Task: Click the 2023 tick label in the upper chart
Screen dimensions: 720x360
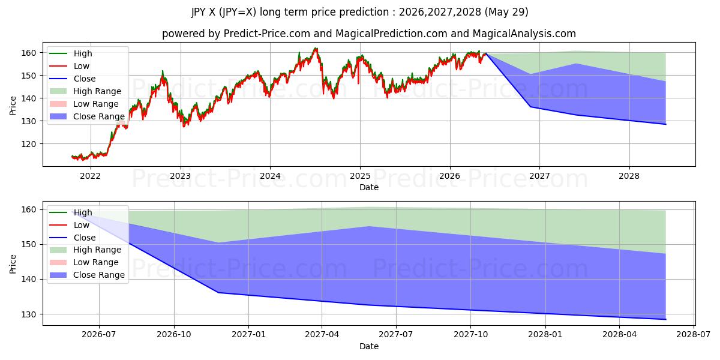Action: [181, 176]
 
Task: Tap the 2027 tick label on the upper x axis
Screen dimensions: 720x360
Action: [539, 176]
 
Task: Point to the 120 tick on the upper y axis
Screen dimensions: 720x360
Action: [29, 144]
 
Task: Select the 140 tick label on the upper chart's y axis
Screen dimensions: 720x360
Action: [29, 98]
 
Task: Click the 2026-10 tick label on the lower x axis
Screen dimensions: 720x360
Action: [174, 334]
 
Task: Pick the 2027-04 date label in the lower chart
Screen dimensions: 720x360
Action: [322, 334]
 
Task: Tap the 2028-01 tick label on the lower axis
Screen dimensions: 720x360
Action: [545, 334]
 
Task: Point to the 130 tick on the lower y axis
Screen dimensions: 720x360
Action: [29, 314]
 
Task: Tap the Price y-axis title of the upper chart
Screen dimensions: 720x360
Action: [13, 106]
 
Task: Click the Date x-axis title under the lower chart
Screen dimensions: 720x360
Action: [368, 346]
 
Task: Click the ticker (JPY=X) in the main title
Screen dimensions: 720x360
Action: [238, 12]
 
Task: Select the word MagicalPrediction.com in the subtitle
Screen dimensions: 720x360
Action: [391, 34]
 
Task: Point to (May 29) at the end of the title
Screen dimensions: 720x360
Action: [506, 12]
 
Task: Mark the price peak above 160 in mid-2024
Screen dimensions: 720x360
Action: [316, 48]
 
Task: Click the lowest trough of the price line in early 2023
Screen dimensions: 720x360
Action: [184, 127]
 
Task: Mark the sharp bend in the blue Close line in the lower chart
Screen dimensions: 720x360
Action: [218, 293]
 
